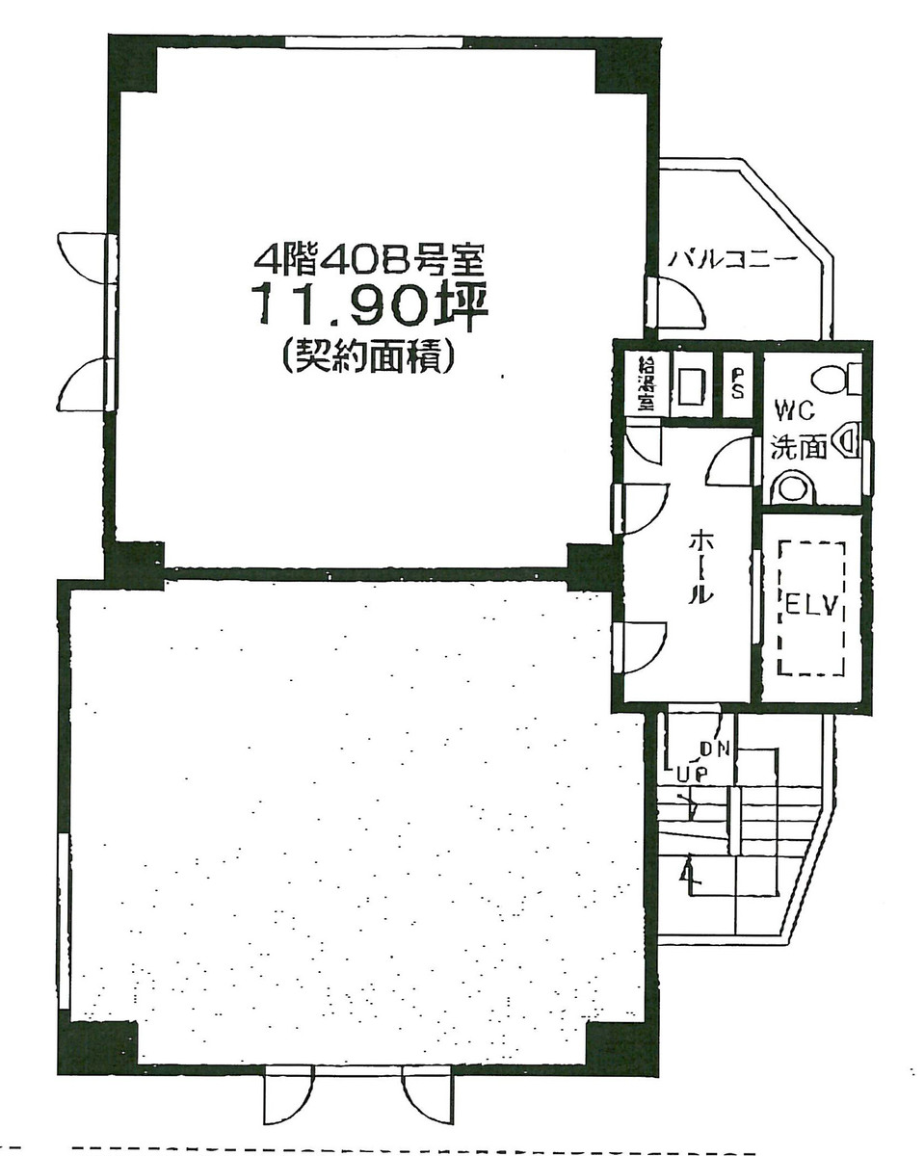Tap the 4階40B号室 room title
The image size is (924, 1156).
[x=369, y=257]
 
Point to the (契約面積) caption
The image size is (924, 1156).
[x=369, y=358]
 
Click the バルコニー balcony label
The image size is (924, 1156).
[x=732, y=258]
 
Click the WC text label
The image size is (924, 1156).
[x=795, y=411]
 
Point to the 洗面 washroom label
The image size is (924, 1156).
[x=799, y=446]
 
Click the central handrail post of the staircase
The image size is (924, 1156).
[x=734, y=820]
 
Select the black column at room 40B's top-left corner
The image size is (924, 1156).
[x=133, y=65]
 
